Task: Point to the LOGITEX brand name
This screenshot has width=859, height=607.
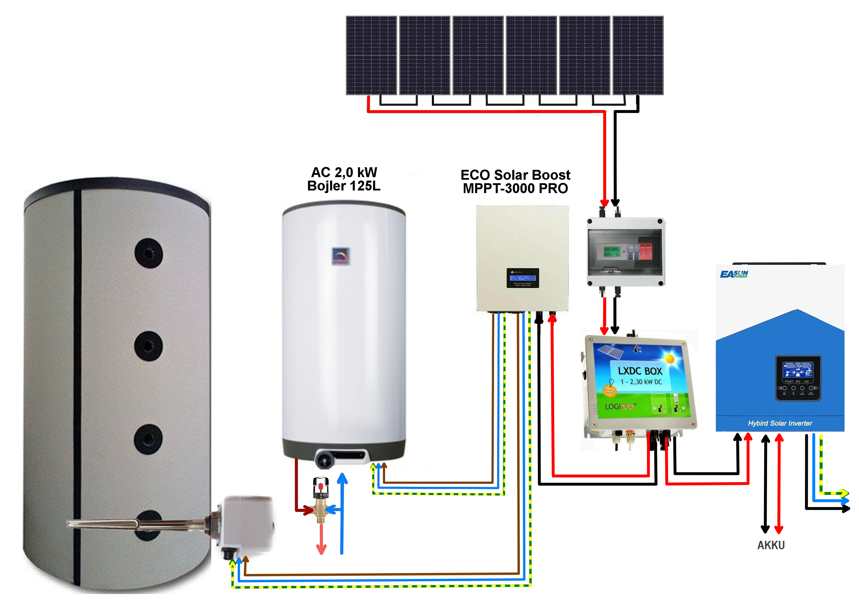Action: pyautogui.click(x=620, y=406)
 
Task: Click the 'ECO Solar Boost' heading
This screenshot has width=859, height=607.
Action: pyautogui.click(x=515, y=175)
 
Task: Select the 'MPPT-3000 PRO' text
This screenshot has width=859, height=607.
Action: pyautogui.click(x=515, y=188)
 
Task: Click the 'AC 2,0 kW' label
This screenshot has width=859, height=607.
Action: pyautogui.click(x=344, y=172)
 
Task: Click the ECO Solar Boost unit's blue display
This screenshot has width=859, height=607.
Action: pyautogui.click(x=523, y=278)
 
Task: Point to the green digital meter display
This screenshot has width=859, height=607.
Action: pyautogui.click(x=612, y=252)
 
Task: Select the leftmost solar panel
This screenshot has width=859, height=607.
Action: pyautogui.click(x=371, y=55)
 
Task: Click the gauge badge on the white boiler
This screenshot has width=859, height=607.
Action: pyautogui.click(x=340, y=256)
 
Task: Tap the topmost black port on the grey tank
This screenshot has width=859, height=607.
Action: pyautogui.click(x=149, y=253)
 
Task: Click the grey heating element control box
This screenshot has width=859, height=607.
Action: pyautogui.click(x=247, y=523)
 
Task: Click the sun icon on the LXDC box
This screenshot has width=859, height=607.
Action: pyautogui.click(x=670, y=359)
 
